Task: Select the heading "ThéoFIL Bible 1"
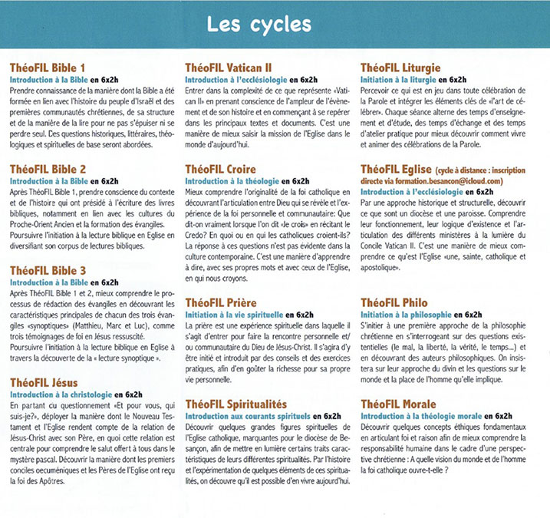point(45,68)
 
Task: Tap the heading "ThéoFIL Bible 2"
point(45,168)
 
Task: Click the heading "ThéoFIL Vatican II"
point(228,68)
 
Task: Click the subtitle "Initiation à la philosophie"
point(406,315)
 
